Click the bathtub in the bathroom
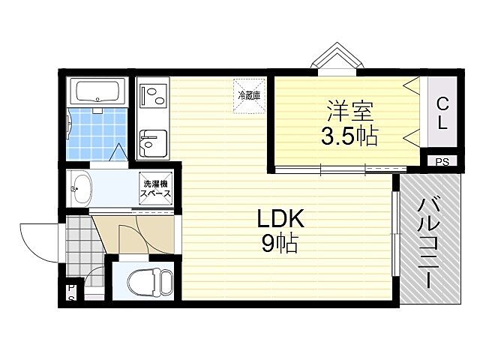[97, 91]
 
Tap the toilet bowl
[150, 283]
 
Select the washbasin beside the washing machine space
[80, 189]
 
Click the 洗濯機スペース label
[155, 188]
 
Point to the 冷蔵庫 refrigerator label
[249, 95]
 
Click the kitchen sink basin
[153, 143]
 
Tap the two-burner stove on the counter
[153, 96]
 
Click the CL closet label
[442, 113]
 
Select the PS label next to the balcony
[442, 162]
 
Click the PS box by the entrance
[71, 293]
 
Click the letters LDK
[280, 218]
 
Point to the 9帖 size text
[280, 243]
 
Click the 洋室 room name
[350, 110]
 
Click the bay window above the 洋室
[337, 59]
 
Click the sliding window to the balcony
[395, 234]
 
